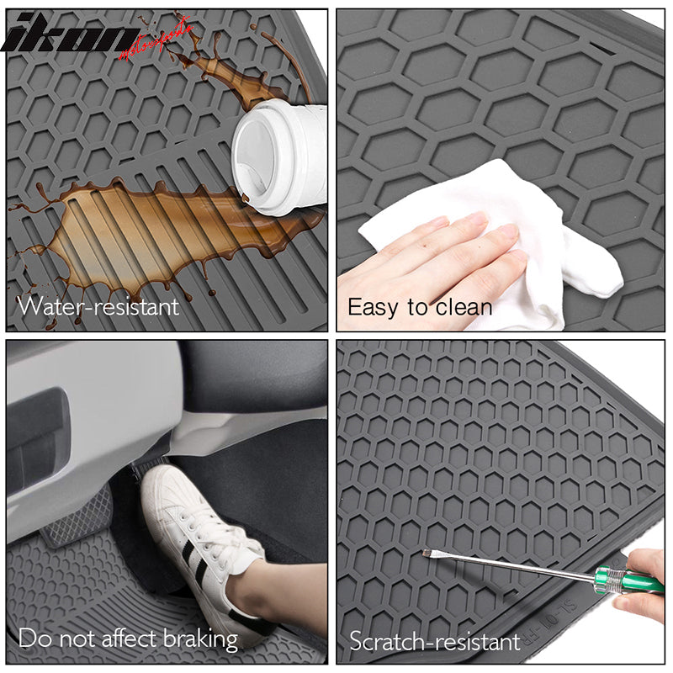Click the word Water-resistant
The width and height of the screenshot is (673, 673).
coord(99,305)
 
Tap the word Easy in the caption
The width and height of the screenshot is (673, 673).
coord(372,307)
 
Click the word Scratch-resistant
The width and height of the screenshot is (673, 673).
coord(435,642)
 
